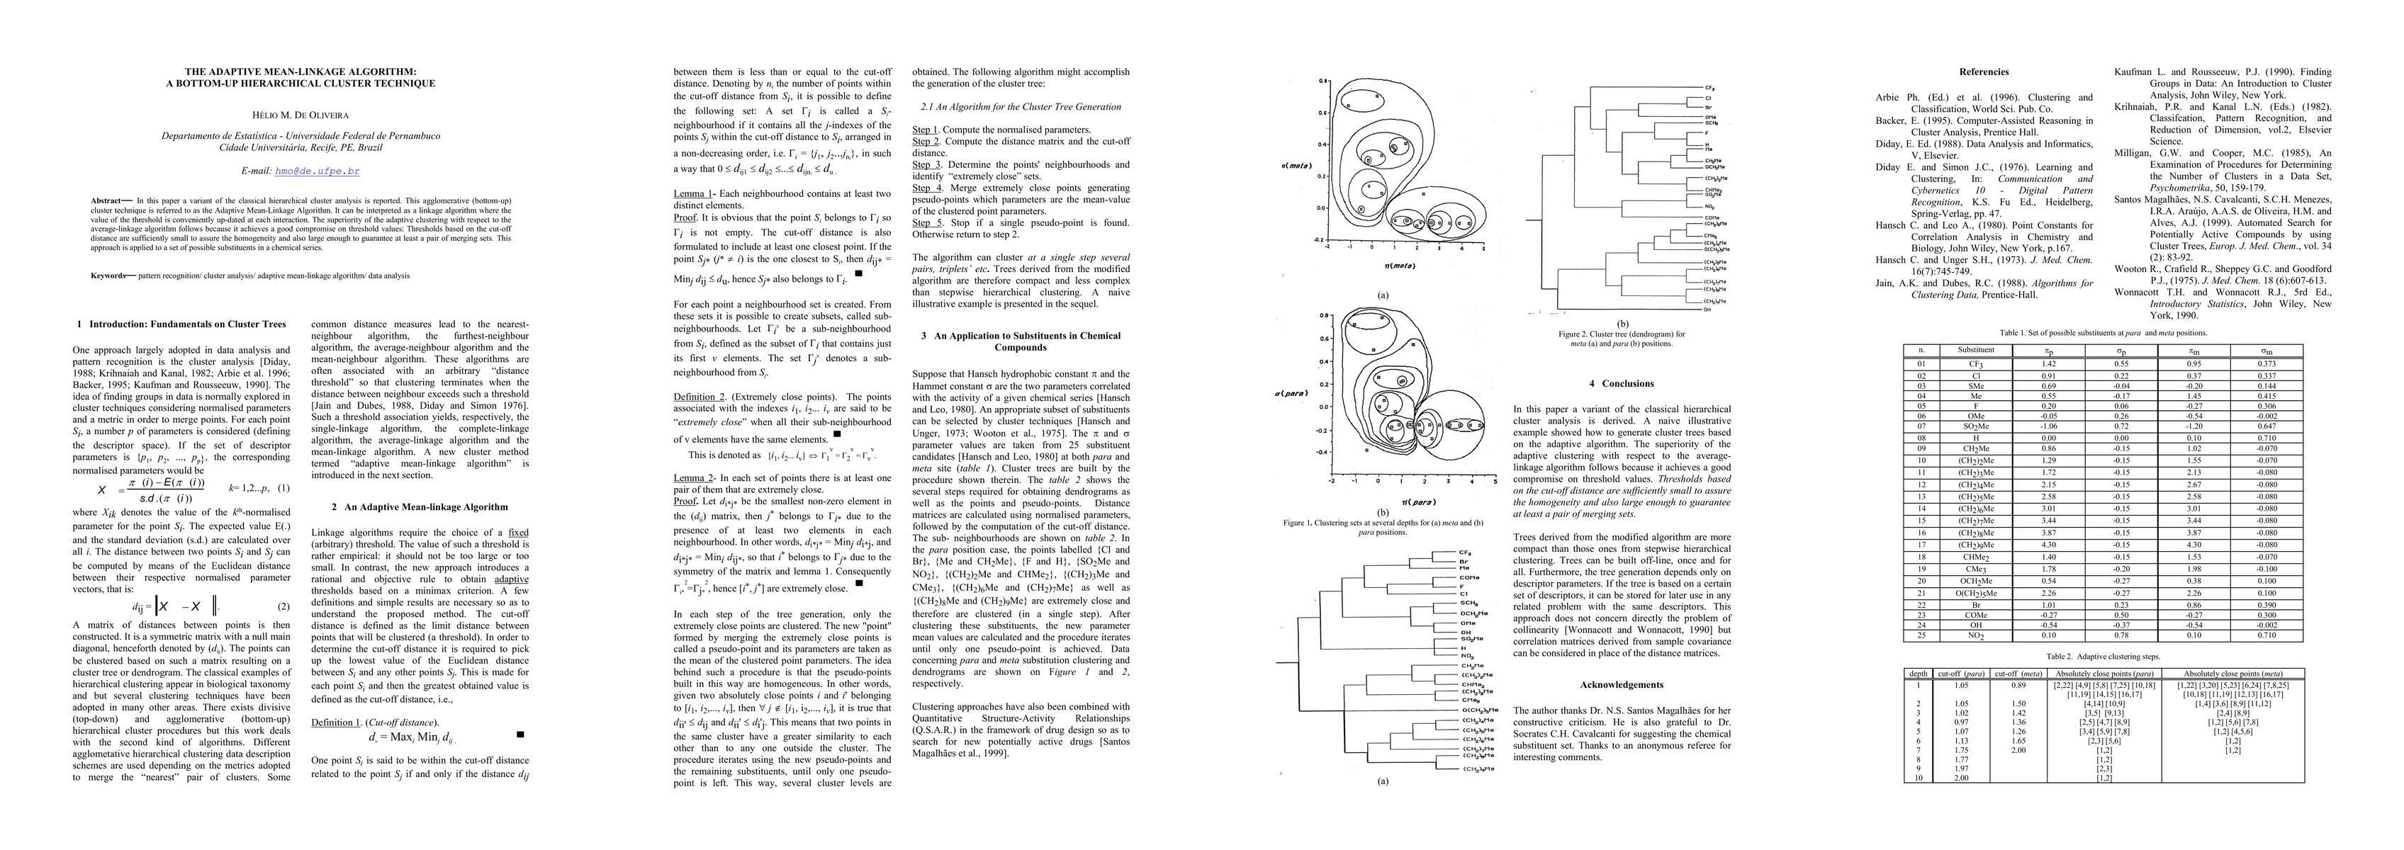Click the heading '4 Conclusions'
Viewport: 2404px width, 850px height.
[1627, 383]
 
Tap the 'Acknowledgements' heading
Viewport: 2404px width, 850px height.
[1627, 685]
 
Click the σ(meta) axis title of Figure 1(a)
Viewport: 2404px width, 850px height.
[1296, 166]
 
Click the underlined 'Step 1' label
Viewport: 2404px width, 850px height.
[925, 130]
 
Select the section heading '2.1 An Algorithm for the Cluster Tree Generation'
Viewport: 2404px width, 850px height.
[1021, 106]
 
